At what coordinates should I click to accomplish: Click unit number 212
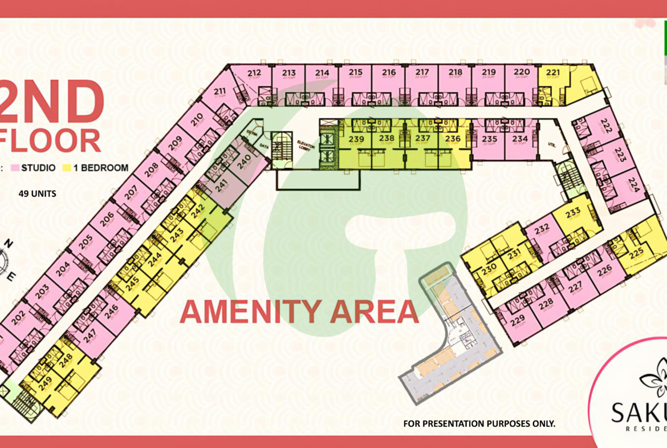254,72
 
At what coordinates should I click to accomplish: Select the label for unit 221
553,72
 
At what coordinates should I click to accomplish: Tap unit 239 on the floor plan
357,139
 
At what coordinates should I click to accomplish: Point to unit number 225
637,252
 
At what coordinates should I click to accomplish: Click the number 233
573,212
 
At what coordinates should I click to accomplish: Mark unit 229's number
518,322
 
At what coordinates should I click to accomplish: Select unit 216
389,72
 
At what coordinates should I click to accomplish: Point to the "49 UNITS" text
37,193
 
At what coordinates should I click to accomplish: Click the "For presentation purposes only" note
479,423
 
